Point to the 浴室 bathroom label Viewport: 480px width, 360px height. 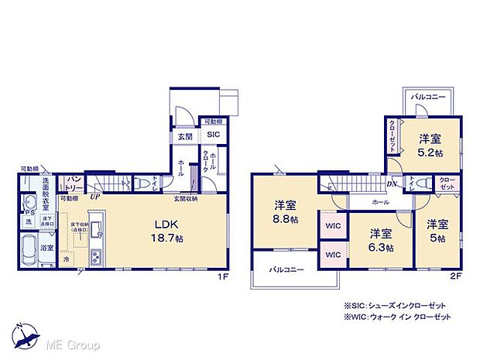(47, 248)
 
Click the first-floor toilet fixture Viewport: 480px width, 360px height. (145, 183)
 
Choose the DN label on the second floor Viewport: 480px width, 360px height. (392, 183)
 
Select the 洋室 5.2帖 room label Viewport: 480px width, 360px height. (430, 145)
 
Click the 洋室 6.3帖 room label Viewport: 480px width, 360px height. (379, 240)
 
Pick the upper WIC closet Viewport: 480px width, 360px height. (333, 225)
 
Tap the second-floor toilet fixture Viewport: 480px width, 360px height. (421, 183)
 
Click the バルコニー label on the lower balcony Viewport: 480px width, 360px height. (286, 269)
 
